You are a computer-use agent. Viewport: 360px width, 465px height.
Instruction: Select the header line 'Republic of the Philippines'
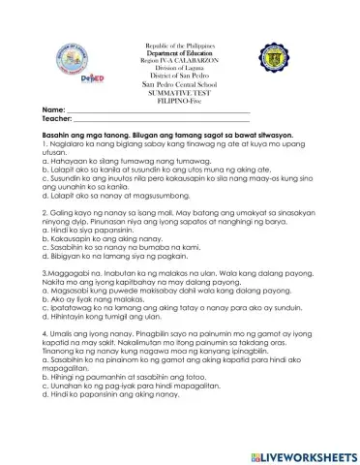pyautogui.click(x=180, y=46)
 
